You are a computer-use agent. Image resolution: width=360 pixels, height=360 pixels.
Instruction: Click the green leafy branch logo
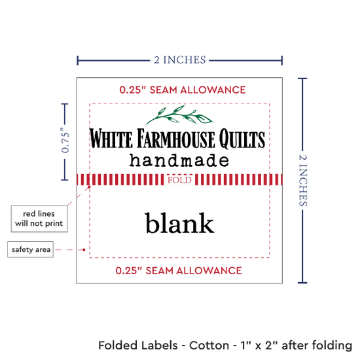179,115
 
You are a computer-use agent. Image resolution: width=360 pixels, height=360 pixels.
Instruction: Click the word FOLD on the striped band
179,180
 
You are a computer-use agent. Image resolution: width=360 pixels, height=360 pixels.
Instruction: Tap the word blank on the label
179,223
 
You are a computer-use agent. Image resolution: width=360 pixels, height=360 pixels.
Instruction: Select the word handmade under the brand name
179,160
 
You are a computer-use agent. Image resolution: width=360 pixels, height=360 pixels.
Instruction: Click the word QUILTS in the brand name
242,139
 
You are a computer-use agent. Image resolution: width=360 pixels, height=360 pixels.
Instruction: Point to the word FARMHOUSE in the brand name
176,139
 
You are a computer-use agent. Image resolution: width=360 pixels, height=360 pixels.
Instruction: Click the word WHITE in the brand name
111,139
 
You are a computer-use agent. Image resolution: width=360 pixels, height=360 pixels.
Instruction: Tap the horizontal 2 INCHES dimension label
180,60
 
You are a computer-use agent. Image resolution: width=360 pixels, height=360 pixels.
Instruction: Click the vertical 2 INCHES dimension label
303,181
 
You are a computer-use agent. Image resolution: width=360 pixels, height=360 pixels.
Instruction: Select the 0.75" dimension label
65,140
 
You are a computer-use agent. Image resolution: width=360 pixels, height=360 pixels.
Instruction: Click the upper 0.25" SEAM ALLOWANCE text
183,90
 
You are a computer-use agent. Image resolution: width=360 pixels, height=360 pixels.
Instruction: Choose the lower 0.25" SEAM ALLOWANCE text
179,271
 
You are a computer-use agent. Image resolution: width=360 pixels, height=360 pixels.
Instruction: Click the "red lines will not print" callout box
39,219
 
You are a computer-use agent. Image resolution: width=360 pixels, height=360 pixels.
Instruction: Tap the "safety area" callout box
31,249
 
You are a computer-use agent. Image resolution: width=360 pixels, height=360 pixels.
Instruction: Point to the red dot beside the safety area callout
84,250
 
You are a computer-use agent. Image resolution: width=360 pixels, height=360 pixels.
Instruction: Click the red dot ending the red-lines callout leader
89,187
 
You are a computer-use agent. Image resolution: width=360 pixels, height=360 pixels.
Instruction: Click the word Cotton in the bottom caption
209,346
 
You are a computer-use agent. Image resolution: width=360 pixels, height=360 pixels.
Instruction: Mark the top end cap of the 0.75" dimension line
65,104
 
